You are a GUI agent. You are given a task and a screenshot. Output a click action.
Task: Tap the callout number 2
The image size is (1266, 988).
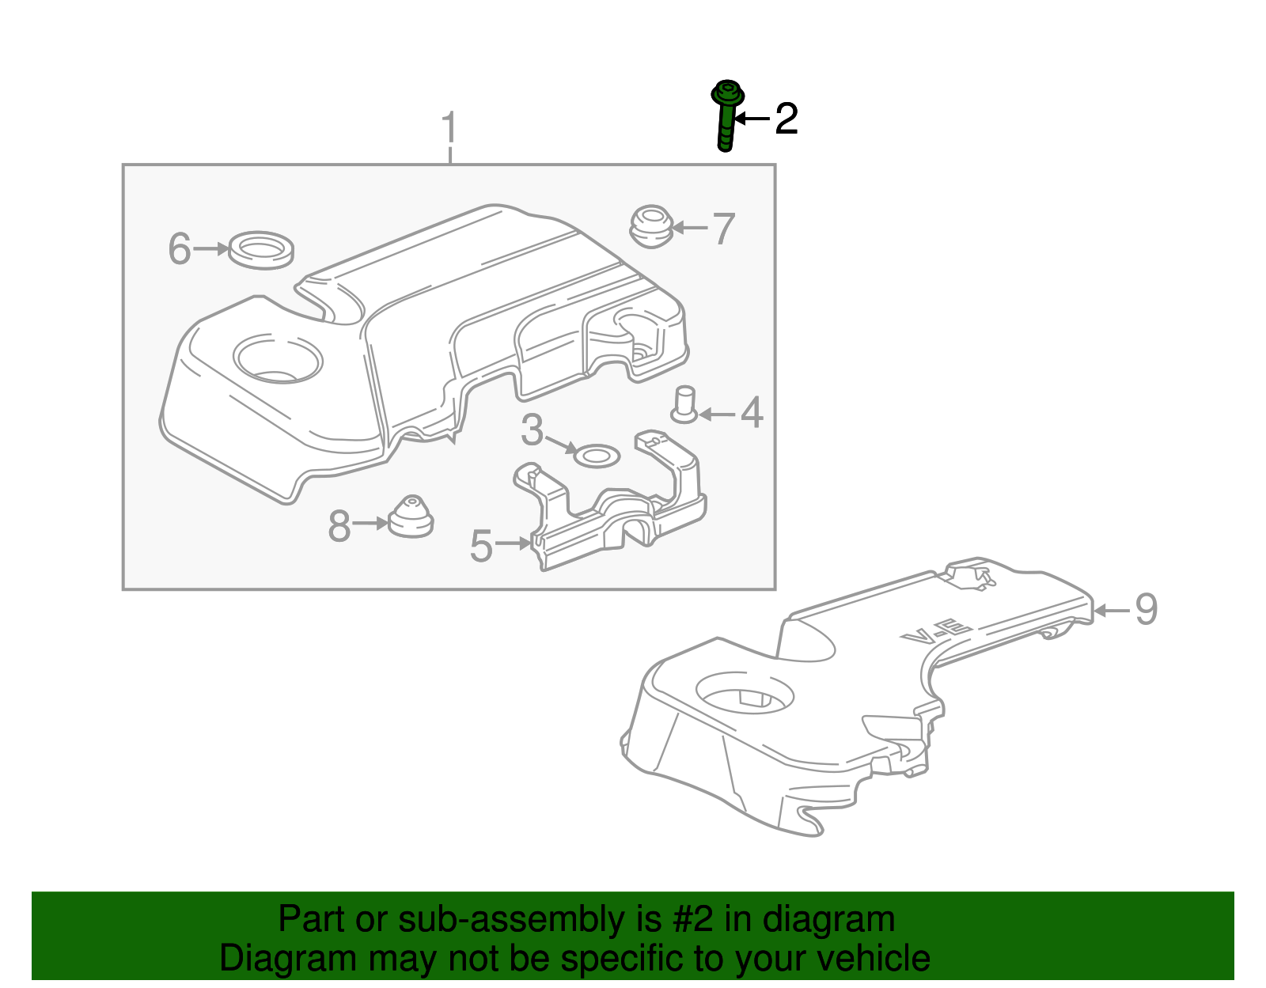pos(786,119)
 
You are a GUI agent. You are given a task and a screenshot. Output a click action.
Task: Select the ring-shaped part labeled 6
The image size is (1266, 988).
pos(260,250)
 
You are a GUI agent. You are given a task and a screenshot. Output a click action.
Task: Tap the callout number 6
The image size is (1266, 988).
pos(180,248)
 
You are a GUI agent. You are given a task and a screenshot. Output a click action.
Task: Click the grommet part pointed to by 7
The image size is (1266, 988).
pos(651,225)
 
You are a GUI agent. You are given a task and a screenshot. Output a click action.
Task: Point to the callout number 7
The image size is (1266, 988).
pos(723,229)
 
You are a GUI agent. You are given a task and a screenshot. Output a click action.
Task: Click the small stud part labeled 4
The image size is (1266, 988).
pos(684,403)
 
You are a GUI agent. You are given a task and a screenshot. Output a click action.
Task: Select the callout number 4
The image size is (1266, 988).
pos(751,413)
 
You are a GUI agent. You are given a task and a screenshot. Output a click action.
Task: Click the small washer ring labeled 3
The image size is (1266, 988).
pos(596,456)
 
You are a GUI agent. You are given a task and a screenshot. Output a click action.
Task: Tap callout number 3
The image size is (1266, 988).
pos(533,431)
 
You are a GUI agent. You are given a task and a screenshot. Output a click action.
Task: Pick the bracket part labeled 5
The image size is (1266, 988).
pos(617,514)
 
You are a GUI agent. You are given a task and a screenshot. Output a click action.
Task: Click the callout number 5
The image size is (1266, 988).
pos(481,546)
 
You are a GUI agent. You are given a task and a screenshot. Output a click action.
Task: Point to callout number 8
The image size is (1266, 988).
pos(339,526)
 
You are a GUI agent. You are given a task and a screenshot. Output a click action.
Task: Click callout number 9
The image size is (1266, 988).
pos(1146,610)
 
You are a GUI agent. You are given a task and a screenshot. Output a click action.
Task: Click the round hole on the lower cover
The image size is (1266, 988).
pos(744,693)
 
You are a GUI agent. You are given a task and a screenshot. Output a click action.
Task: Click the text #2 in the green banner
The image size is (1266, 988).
pos(693,920)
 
